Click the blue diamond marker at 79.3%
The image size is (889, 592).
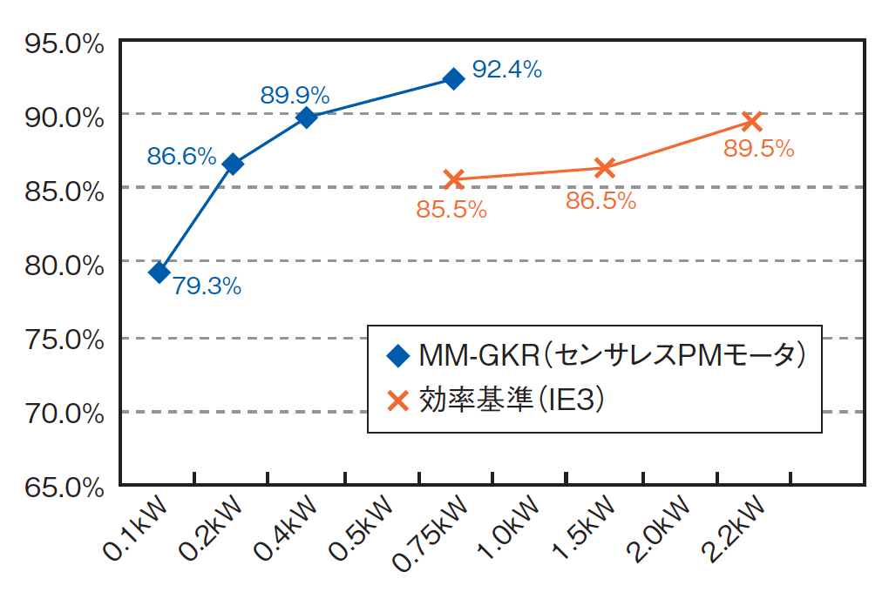point(159,272)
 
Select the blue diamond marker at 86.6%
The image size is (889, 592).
point(233,164)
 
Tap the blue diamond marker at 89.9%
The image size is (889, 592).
point(307,118)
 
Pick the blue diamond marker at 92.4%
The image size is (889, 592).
point(453,79)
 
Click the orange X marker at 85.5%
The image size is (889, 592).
point(453,179)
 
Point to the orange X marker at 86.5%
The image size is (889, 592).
point(605,168)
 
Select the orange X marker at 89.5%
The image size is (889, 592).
point(753,120)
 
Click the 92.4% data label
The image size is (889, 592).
point(506,70)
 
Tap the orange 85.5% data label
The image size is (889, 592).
point(451,209)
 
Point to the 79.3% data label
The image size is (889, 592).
point(207,286)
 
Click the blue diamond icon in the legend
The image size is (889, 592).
point(398,355)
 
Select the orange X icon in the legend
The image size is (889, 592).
point(398,400)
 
